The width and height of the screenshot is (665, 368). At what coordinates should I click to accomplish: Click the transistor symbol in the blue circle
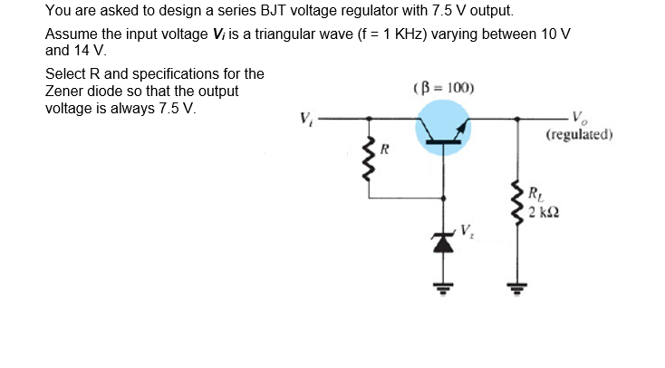pos(443,128)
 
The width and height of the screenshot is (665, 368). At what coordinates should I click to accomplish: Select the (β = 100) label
pos(443,89)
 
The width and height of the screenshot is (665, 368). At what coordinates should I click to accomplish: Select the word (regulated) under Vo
pos(580,136)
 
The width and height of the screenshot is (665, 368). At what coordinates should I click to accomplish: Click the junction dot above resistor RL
pos(517,119)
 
